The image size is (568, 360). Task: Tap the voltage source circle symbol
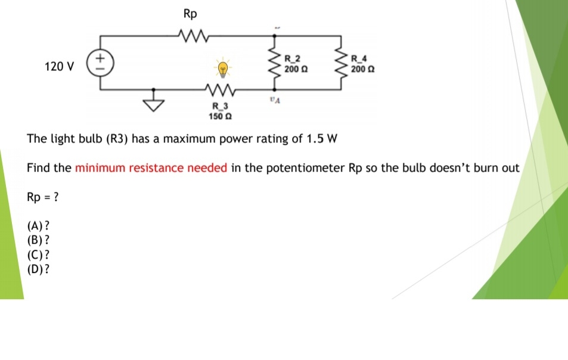(100, 63)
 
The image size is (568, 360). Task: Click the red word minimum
(97, 167)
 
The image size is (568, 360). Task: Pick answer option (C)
(38, 255)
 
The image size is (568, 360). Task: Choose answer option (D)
(38, 269)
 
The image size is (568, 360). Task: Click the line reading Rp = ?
(43, 197)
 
